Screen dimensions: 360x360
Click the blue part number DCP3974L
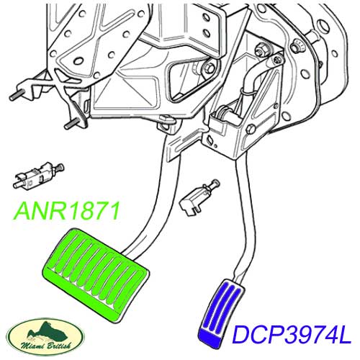(292, 334)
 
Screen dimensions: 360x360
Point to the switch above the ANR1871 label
(38, 176)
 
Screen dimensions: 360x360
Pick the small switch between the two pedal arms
(199, 197)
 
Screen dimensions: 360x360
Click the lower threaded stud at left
(71, 125)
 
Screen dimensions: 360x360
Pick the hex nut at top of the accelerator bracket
(263, 49)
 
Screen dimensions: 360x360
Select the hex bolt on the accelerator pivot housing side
(251, 129)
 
